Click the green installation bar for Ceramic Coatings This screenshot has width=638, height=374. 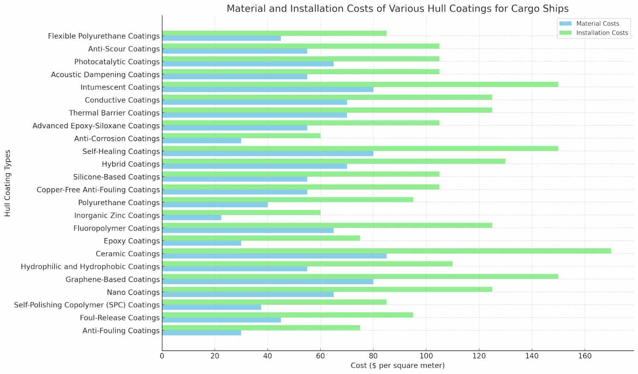pos(386,251)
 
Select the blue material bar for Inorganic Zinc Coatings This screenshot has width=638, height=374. pos(191,218)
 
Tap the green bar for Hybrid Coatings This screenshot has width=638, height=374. pos(333,161)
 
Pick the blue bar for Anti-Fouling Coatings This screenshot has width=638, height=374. pos(201,333)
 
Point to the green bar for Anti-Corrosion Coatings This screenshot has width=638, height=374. pos(241,136)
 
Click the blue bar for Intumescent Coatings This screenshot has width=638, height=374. pos(268,89)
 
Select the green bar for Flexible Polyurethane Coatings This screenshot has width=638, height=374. pos(274,33)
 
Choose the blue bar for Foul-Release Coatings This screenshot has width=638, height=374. pos(221,320)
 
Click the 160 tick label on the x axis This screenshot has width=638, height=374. pos(585,356)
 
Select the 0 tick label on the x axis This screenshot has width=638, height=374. pos(162,356)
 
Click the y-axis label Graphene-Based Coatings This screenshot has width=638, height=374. pos(112,279)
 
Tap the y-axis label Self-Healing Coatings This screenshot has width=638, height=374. pos(121,151)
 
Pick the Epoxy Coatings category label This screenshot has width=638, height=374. pos(131,241)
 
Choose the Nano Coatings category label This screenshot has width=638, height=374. pos(133,292)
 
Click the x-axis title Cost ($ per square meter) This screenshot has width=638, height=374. pos(397,365)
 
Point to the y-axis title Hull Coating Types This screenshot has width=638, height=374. pos(8,183)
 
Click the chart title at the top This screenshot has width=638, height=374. pos(397,9)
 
